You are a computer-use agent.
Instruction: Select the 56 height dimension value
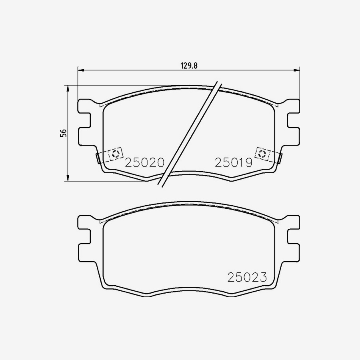tap(63, 133)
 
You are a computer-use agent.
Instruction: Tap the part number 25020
tap(145, 162)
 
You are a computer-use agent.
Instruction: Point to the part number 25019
tap(233, 162)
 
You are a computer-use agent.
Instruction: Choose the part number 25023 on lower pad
tap(247, 277)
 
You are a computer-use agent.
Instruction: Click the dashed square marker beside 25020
tap(116, 154)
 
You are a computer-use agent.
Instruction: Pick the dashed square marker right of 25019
tap(262, 153)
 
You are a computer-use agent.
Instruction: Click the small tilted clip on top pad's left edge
tap(98, 158)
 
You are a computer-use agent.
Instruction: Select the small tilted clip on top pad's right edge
tap(280, 158)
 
